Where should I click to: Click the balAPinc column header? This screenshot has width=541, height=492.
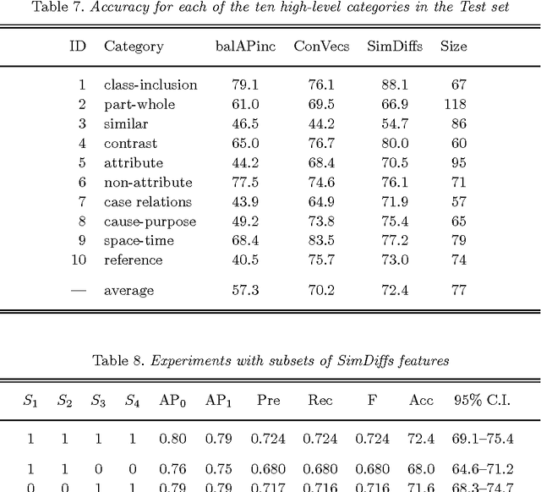[x=244, y=46]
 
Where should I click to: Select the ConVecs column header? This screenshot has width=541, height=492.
[x=315, y=46]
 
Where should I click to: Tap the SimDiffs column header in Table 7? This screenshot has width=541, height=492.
[x=389, y=46]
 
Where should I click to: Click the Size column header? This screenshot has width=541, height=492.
[x=453, y=46]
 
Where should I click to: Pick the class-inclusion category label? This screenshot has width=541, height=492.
[x=150, y=85]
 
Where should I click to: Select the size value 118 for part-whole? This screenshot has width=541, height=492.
[x=455, y=104]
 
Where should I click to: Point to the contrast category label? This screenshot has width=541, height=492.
[x=130, y=143]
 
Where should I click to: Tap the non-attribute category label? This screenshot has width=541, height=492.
[x=148, y=182]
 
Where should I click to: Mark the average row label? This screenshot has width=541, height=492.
[x=128, y=291]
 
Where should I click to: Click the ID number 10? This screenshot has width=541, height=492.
[x=79, y=260]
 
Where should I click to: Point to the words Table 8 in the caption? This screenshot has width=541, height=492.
[x=117, y=360]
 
